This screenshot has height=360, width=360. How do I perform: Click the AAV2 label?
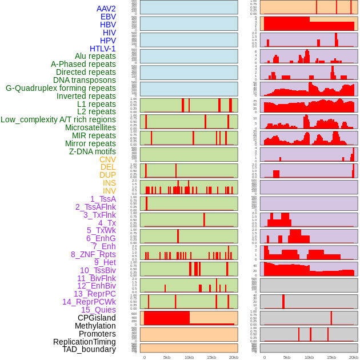pyautogui.click(x=106, y=9)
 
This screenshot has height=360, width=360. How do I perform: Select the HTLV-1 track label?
pyautogui.click(x=102, y=49)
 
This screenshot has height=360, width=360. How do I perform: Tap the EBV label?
pyautogui.click(x=108, y=17)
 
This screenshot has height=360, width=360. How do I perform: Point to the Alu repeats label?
pyautogui.click(x=95, y=56)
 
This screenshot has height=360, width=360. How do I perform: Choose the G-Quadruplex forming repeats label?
pyautogui.click(x=61, y=88)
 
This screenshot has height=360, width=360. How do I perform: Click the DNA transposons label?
pyautogui.click(x=84, y=80)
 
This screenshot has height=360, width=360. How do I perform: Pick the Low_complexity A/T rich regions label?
pyautogui.click(x=58, y=119)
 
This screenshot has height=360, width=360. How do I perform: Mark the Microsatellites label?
pyautogui.click(x=90, y=127)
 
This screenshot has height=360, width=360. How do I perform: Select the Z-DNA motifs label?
pyautogui.click(x=92, y=151)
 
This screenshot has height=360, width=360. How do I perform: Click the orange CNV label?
pyautogui.click(x=107, y=159)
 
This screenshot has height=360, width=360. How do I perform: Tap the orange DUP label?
pyautogui.click(x=107, y=175)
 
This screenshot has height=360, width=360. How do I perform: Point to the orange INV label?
pyautogui.click(x=109, y=191)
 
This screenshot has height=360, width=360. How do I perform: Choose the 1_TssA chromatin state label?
pyautogui.click(x=103, y=199)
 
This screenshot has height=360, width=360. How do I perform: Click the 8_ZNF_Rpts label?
pyautogui.click(x=93, y=254)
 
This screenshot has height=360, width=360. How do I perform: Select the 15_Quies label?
pyautogui.click(x=98, y=310)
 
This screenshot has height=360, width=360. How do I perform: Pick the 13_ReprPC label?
pyautogui.click(x=94, y=294)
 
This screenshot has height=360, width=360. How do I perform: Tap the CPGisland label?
pyautogui.click(x=97, y=318)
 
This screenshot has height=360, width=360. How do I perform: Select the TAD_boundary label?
pyautogui.click(x=89, y=349)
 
